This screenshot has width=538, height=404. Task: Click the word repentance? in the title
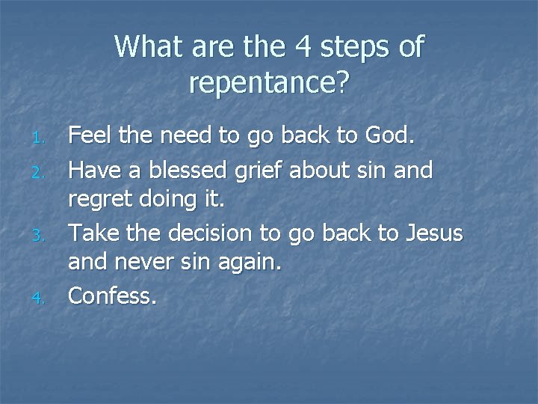[x=269, y=84]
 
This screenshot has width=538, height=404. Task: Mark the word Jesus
[x=434, y=234]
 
